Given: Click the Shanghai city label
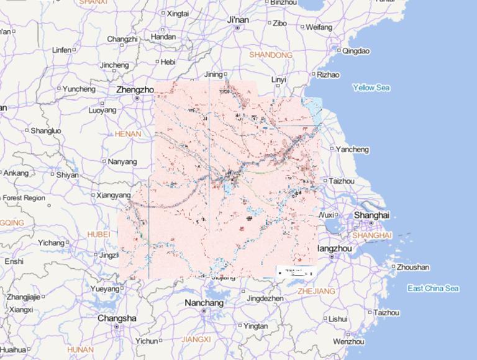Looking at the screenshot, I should (x=371, y=215).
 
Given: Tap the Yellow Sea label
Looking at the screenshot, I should (x=371, y=88).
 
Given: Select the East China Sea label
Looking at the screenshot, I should (x=433, y=289).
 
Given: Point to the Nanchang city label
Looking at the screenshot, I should (x=204, y=303).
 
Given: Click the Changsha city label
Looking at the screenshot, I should (x=117, y=318).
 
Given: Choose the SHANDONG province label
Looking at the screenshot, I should (x=271, y=55).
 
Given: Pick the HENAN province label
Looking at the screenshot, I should (x=128, y=134).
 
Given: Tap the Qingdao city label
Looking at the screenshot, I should (x=356, y=51).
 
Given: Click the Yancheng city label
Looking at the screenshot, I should (x=352, y=150).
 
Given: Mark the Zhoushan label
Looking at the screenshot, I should (x=412, y=268).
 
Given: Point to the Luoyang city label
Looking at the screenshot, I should (x=102, y=110).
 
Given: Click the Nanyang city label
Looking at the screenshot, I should (x=122, y=162).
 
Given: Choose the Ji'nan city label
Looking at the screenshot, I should (x=238, y=20).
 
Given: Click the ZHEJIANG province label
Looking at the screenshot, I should (x=316, y=291).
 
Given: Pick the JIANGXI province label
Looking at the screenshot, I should (x=196, y=340).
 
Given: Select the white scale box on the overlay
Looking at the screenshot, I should (x=296, y=271).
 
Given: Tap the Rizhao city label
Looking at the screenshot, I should (x=329, y=75).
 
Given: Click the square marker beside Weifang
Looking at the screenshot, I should (x=302, y=27).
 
